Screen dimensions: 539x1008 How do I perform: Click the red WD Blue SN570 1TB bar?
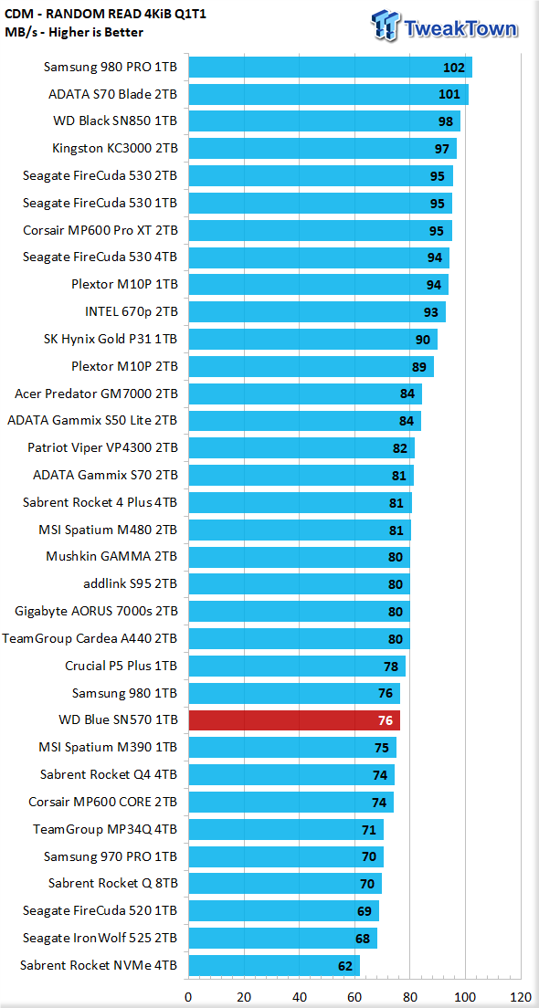click(294, 720)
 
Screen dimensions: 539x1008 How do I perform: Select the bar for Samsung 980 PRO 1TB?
click(330, 67)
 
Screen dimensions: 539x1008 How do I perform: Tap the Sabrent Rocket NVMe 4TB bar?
click(274, 966)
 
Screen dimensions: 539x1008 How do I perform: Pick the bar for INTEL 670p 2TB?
click(317, 312)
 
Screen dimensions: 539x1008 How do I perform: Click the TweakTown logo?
click(445, 27)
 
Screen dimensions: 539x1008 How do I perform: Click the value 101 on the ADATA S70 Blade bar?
click(449, 95)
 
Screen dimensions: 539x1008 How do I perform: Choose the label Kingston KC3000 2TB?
click(115, 149)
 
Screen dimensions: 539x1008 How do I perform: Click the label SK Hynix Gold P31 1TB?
click(111, 340)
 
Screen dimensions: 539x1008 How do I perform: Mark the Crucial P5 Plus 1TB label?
click(122, 666)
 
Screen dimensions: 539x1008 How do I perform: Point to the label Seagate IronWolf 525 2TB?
click(100, 938)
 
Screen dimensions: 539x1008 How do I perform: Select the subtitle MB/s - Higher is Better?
click(74, 31)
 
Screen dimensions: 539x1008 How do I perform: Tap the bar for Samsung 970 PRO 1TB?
click(286, 856)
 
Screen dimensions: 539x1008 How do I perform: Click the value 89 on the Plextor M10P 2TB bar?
click(419, 367)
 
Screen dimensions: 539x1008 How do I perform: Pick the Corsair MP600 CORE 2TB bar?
click(291, 803)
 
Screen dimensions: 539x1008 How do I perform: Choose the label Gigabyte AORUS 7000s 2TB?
click(97, 612)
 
